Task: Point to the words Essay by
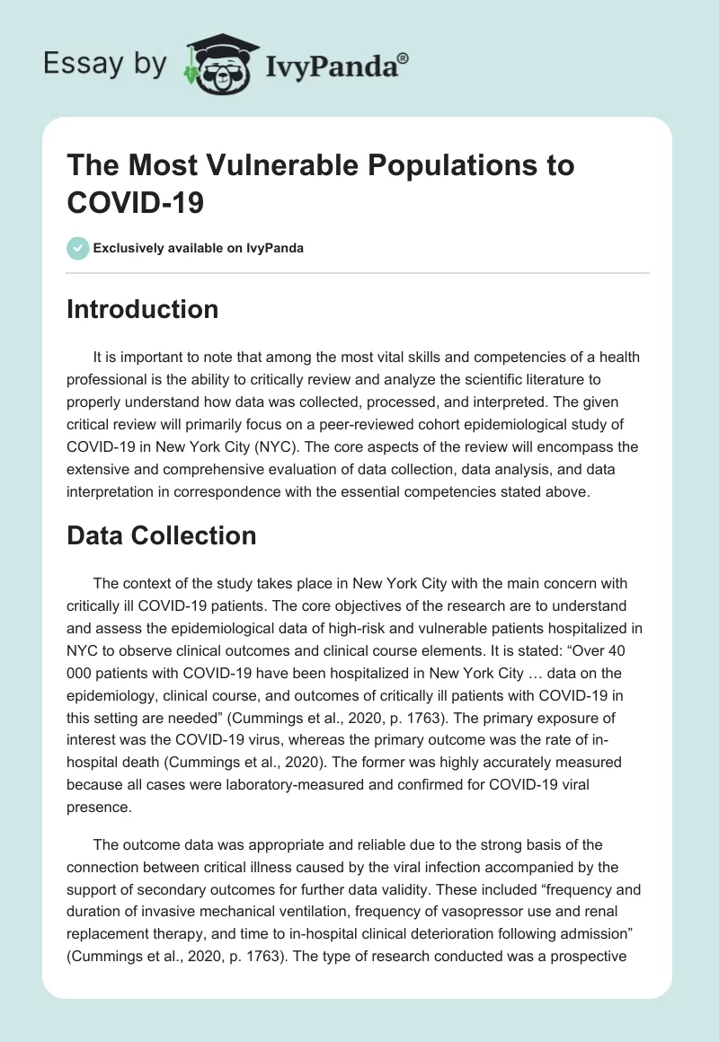point(106,64)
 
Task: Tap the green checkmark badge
point(78,248)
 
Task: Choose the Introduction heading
point(142,309)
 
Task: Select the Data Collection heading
point(162,535)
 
